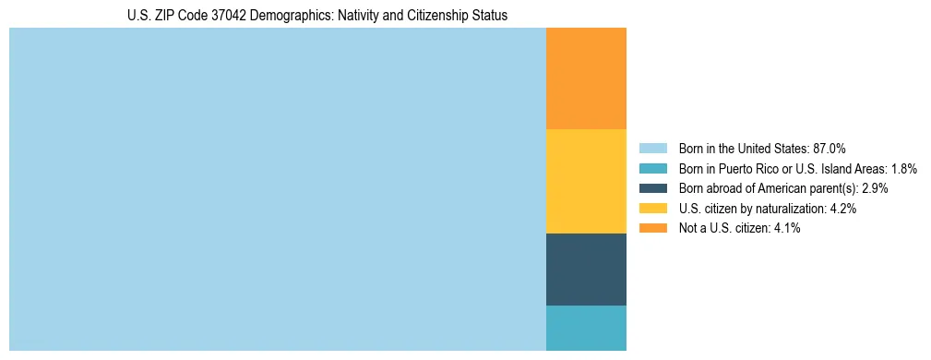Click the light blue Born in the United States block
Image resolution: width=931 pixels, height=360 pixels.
(277, 189)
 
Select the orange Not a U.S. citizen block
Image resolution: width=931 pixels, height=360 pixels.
(586, 78)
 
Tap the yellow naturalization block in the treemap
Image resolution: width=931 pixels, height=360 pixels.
(586, 181)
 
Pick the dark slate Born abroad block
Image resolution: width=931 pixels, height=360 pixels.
(586, 269)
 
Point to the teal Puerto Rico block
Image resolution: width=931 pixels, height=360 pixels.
(586, 328)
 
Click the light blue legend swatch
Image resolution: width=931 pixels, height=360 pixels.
(652, 148)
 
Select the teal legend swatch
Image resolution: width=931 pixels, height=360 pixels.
(652, 168)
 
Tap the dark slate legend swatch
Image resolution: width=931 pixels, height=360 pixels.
(652, 188)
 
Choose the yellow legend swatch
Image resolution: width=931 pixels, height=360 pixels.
(652, 209)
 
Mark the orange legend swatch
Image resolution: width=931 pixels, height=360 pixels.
(652, 228)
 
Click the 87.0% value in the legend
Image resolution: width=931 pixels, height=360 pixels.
(829, 148)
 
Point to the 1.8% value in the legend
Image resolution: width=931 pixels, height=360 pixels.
(903, 168)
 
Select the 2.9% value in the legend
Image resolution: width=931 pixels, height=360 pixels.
(874, 188)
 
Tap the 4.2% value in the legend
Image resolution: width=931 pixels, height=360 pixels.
(842, 209)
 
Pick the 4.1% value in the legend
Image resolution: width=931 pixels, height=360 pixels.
(786, 228)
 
